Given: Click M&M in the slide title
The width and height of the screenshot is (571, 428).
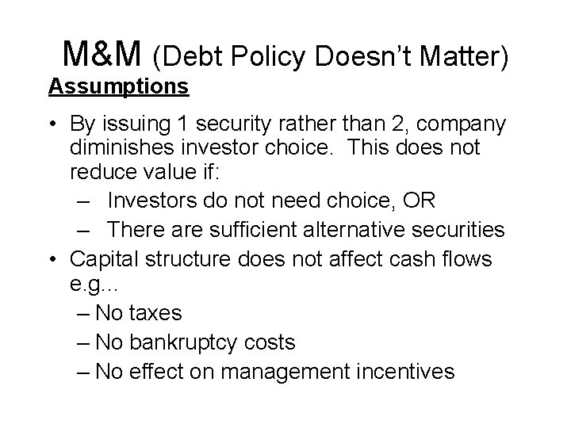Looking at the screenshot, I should click(102, 54).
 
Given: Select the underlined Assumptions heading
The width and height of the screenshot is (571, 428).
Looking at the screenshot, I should click(118, 86).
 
